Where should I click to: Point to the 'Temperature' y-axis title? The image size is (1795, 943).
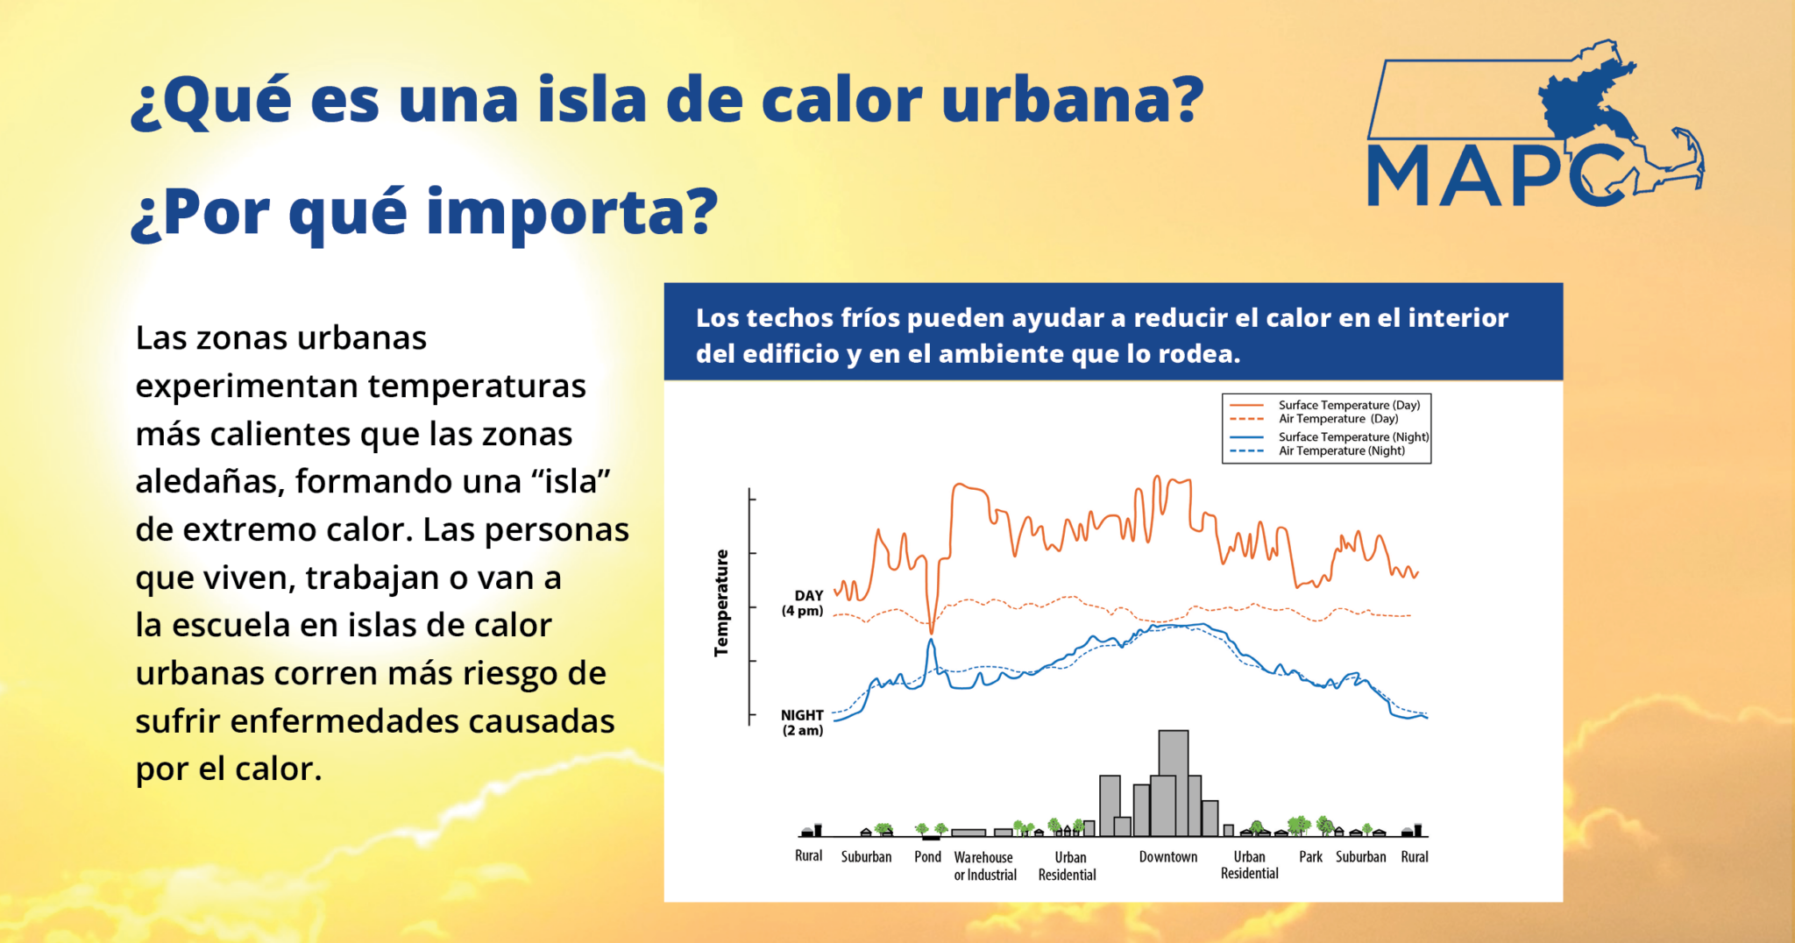coord(721,603)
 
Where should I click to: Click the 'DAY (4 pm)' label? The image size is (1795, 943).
coord(803,603)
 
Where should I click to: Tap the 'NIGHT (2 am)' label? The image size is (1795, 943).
coord(802,723)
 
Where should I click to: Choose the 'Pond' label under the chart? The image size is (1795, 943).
coord(927,856)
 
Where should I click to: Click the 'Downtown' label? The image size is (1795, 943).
coord(1167,856)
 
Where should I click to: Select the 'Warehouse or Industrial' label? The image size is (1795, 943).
coord(985,866)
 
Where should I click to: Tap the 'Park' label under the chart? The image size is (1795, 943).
coord(1310,856)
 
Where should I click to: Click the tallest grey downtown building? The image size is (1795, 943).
coord(1174,783)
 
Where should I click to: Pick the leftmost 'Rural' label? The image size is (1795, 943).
coord(808,855)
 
